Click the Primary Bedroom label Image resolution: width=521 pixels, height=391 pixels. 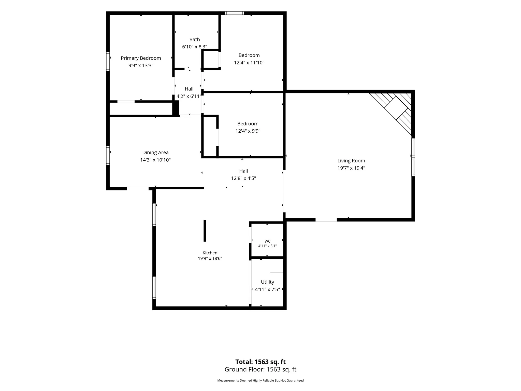(141, 58)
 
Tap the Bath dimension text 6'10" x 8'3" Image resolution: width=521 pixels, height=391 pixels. (195, 47)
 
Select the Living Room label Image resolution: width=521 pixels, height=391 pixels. (351, 161)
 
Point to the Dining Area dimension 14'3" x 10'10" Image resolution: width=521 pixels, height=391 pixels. (155, 160)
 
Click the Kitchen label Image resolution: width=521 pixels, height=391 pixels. (210, 253)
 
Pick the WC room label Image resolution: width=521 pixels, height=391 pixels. (267, 241)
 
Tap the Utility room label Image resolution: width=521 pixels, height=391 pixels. (267, 282)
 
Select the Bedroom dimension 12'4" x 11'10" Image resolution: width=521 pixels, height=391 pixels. (249, 63)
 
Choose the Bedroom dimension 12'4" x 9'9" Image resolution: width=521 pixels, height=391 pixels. (248, 131)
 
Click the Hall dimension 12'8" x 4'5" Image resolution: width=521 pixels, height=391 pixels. (243, 178)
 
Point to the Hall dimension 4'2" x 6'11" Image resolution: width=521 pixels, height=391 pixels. (189, 96)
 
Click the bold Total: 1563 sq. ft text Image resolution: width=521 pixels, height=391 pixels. (260, 362)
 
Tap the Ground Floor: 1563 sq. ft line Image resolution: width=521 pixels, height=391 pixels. (260, 369)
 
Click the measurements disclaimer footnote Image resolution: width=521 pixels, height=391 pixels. (260, 381)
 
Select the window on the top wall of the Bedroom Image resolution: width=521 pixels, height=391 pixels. (235, 13)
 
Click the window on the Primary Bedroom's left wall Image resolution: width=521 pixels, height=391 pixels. (108, 61)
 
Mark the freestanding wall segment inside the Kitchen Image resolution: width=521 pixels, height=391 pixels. (205, 231)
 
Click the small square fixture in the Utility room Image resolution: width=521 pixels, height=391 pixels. (277, 266)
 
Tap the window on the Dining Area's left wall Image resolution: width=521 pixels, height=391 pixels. (108, 156)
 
